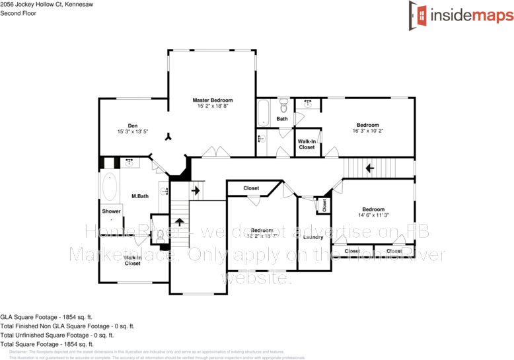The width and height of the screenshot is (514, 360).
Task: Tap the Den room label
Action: pyautogui.click(x=132, y=126)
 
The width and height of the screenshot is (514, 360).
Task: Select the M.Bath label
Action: pyautogui.click(x=139, y=196)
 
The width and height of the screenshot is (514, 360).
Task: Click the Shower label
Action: pyautogui.click(x=111, y=211)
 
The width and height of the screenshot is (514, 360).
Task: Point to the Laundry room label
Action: pyautogui.click(x=313, y=237)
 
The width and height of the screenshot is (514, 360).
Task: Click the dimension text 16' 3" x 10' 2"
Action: pyautogui.click(x=368, y=131)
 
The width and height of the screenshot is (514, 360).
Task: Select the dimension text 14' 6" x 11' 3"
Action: pyautogui.click(x=373, y=215)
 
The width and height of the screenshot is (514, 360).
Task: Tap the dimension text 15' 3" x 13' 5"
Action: pyautogui.click(x=132, y=131)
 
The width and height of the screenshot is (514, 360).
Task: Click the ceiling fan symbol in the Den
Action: pyautogui.click(x=169, y=137)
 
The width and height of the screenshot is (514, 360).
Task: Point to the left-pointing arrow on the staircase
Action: pyautogui.click(x=370, y=168)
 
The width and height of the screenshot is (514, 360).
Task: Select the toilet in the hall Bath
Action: pyautogui.click(x=283, y=105)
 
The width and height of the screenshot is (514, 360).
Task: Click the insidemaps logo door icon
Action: pyautogui.click(x=418, y=14)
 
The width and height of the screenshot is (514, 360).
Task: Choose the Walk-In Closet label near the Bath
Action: pyautogui.click(x=307, y=144)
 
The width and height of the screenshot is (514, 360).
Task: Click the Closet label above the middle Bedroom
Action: pyautogui.click(x=251, y=188)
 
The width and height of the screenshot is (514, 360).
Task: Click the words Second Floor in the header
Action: pyautogui.click(x=18, y=13)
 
